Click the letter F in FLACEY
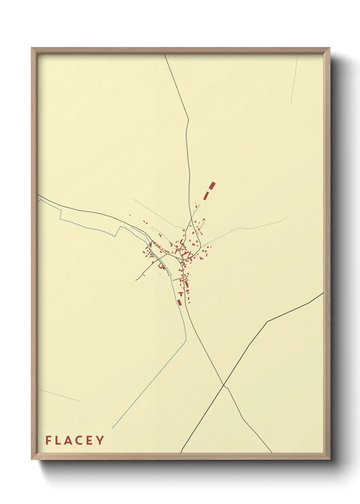[48, 440]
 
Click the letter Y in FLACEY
[100, 440]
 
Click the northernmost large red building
[212, 185]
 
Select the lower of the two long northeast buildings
[206, 195]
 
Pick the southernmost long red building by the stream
[180, 302]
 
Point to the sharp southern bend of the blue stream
[186, 339]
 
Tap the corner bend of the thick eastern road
[267, 321]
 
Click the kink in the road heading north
[188, 120]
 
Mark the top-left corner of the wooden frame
[32, 48]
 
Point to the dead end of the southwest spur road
[136, 280]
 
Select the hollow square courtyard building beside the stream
[162, 267]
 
